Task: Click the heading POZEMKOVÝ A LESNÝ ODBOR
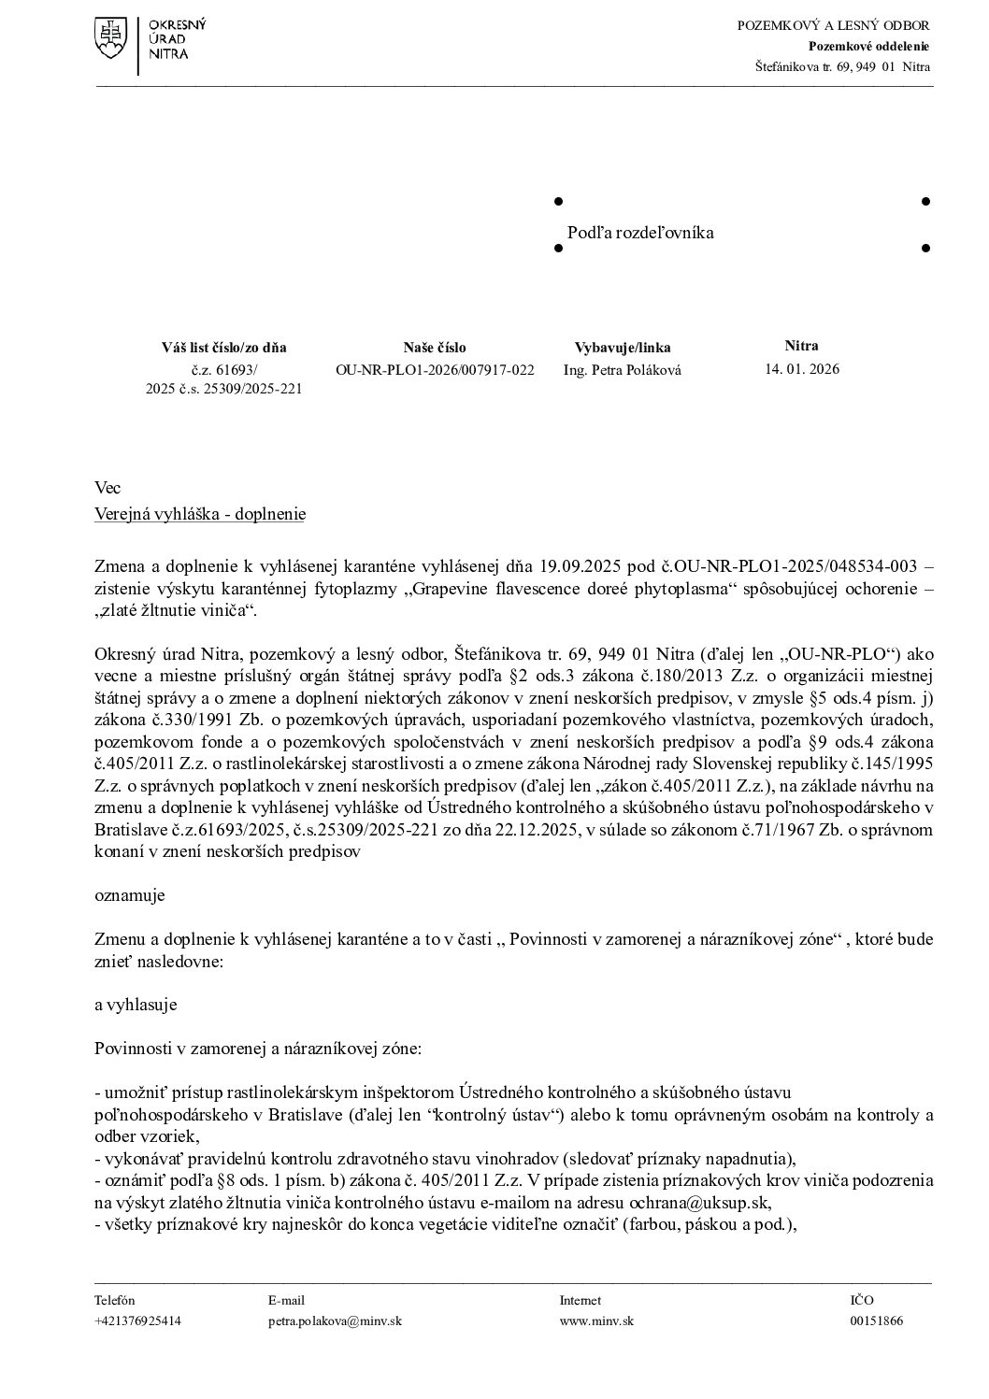833,25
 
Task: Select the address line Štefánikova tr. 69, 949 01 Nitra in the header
842,66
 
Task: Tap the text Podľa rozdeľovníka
640,233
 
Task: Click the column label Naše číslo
435,348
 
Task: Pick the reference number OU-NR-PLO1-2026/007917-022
435,370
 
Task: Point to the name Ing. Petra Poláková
622,370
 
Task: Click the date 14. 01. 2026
802,369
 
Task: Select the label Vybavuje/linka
622,348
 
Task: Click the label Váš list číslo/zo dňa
223,348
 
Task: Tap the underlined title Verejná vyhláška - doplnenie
200,514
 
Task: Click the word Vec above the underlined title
107,488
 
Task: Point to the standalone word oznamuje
130,895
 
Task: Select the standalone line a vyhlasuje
136,1005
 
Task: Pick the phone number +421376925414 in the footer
137,1321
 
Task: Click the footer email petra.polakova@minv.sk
335,1321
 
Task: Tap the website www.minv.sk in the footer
596,1321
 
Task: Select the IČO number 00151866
876,1321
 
